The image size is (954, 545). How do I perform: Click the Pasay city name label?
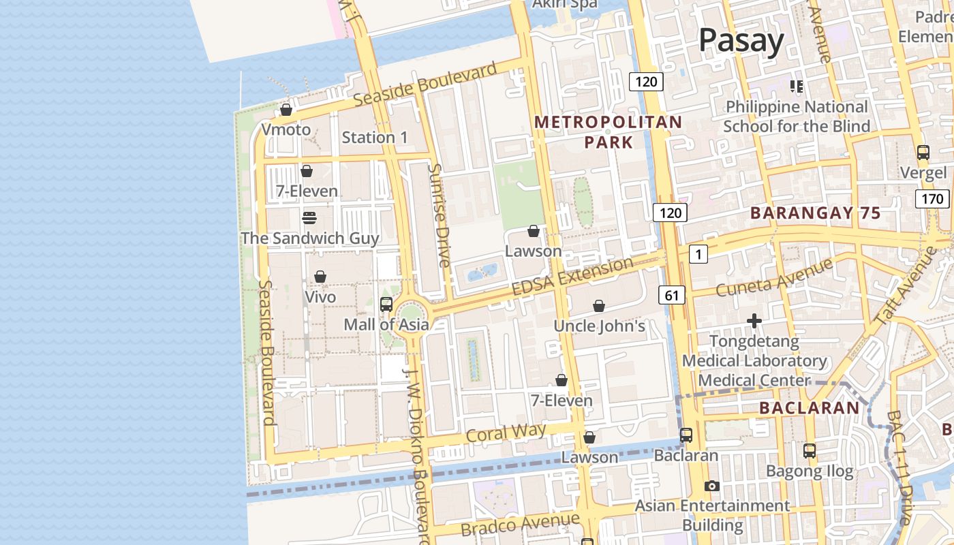pyautogui.click(x=741, y=41)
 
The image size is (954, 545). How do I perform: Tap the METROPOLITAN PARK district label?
pyautogui.click(x=608, y=132)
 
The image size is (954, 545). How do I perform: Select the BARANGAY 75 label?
pyautogui.click(x=816, y=213)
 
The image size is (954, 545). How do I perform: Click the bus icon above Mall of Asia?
pyautogui.click(x=386, y=305)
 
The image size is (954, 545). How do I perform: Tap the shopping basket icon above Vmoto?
pyautogui.click(x=286, y=110)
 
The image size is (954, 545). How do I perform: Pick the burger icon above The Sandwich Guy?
pyautogui.click(x=309, y=218)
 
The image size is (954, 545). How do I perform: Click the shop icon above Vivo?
pyautogui.click(x=320, y=277)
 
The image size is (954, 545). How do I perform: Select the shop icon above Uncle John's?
pyautogui.click(x=599, y=307)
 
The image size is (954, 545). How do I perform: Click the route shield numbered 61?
pyautogui.click(x=671, y=295)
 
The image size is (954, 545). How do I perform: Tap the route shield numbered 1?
pyautogui.click(x=698, y=255)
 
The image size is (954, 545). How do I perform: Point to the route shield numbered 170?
pyautogui.click(x=932, y=199)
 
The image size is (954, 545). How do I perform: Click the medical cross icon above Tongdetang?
pyautogui.click(x=754, y=321)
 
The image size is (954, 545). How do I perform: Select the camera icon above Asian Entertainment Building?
pyautogui.click(x=712, y=486)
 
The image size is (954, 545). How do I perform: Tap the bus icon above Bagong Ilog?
pyautogui.click(x=809, y=451)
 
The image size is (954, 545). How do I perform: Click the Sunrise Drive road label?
pyautogui.click(x=440, y=215)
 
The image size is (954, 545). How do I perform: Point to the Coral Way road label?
pyautogui.click(x=506, y=433)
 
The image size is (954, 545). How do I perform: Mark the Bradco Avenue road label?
pyautogui.click(x=520, y=525)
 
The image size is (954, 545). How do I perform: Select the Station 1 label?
pyautogui.click(x=374, y=138)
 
